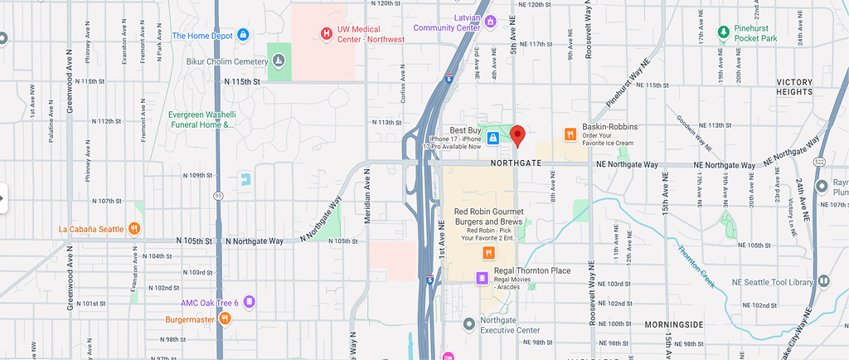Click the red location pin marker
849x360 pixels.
517,135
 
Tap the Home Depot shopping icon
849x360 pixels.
243,35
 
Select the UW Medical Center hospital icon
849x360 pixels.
327,33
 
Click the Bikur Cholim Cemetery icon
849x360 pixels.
279,61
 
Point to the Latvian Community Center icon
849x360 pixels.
490,22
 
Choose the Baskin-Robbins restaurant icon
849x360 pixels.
570,134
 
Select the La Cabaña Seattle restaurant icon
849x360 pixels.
133,229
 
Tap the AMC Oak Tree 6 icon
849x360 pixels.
249,302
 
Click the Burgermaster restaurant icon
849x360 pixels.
224,318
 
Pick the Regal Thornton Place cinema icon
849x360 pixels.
482,278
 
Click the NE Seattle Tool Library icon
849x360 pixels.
824,282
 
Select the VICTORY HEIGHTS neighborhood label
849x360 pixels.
805,88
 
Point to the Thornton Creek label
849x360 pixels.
695,265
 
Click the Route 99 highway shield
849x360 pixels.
217,196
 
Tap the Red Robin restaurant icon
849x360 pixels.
489,253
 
